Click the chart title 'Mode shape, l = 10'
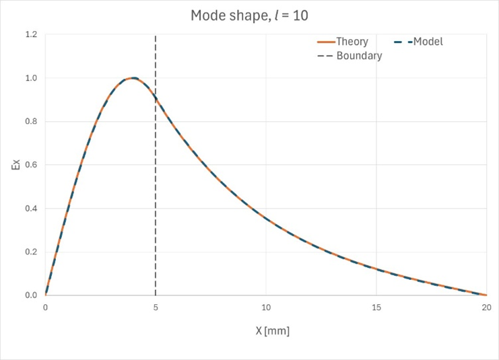click(x=249, y=15)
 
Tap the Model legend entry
click(x=427, y=42)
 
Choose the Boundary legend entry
click(x=358, y=56)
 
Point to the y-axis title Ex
click(x=15, y=164)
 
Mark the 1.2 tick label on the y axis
click(x=30, y=34)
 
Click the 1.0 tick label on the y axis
click(x=30, y=78)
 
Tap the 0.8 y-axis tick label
click(x=30, y=122)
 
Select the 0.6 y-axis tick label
click(x=30, y=165)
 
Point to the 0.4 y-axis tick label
click(x=30, y=209)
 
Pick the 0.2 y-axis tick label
click(x=30, y=252)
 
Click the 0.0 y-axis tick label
click(x=30, y=295)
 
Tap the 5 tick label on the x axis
click(x=156, y=308)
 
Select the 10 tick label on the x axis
click(x=266, y=308)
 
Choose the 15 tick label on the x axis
click(x=376, y=308)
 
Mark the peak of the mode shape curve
click(x=133, y=78)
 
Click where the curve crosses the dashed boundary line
click(x=156, y=98)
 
